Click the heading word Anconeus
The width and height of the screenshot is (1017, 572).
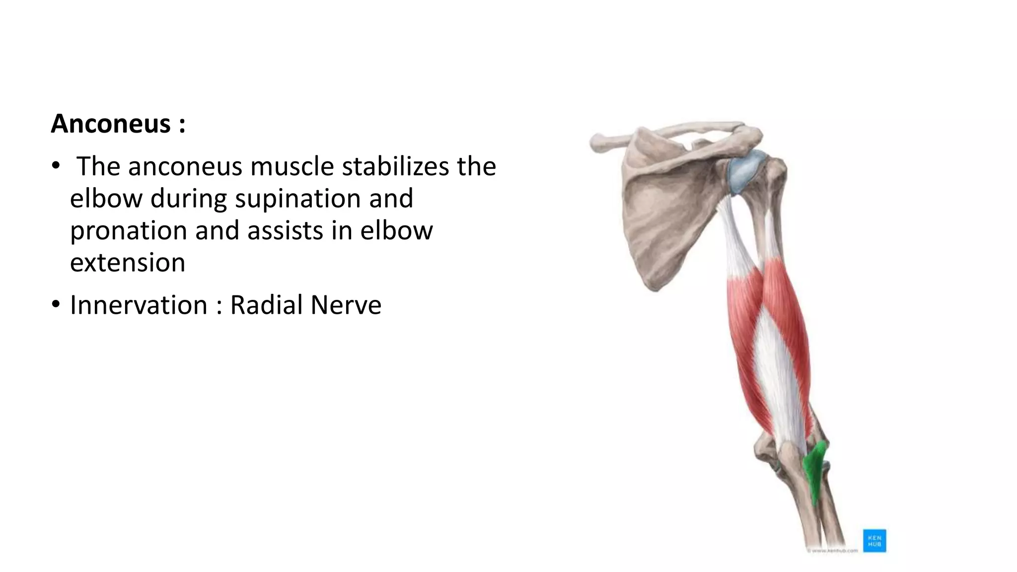(111, 124)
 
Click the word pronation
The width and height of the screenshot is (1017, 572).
(128, 231)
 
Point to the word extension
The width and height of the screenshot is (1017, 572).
(128, 263)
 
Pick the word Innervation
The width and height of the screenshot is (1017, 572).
(139, 305)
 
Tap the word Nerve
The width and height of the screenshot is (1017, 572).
(346, 305)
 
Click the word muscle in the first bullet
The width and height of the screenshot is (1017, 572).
(292, 166)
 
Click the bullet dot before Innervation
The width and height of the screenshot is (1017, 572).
(56, 304)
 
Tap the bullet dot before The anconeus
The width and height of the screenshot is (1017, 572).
(56, 165)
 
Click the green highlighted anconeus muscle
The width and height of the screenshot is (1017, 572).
(815, 469)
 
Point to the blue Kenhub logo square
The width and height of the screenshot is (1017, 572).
(874, 541)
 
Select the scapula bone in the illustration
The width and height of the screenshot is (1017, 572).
(665, 214)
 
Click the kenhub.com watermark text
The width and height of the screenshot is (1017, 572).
(833, 551)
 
